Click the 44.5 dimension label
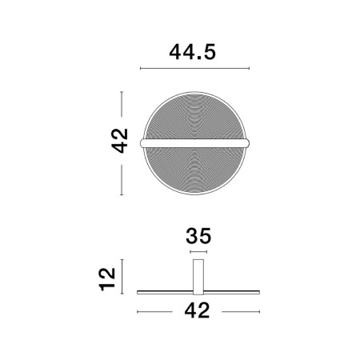point(194,52)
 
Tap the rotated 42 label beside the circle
point(119,142)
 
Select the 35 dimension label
point(197,237)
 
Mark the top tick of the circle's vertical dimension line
point(122,91)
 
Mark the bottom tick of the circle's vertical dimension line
point(122,194)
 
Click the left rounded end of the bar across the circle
point(142,142)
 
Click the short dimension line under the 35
point(197,251)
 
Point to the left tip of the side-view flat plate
point(139,288)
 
